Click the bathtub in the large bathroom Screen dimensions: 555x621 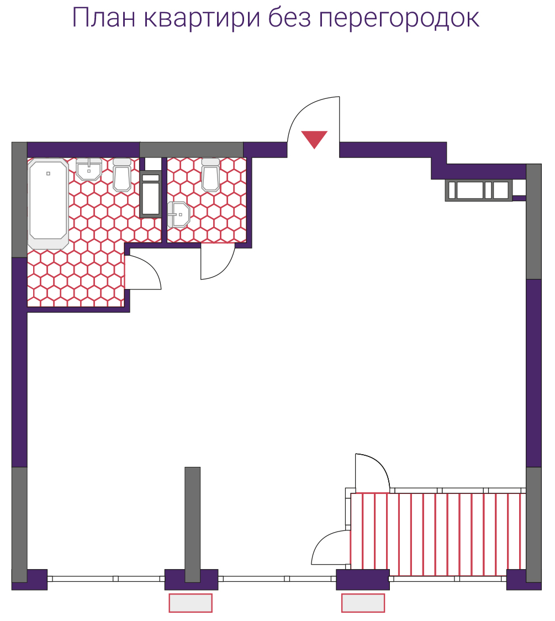(48, 203)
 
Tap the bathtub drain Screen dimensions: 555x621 (48, 173)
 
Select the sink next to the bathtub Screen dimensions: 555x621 (89, 170)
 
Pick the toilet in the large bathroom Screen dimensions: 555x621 (122, 175)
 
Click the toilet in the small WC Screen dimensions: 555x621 (210, 175)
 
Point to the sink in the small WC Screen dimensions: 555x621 (179, 215)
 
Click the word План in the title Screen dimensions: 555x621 (104, 18)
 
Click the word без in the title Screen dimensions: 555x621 (289, 18)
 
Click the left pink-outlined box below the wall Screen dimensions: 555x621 (191, 603)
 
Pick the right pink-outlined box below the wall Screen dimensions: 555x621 (363, 603)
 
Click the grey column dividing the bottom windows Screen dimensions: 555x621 (192, 524)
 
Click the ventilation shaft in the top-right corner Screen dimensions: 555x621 (479, 190)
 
